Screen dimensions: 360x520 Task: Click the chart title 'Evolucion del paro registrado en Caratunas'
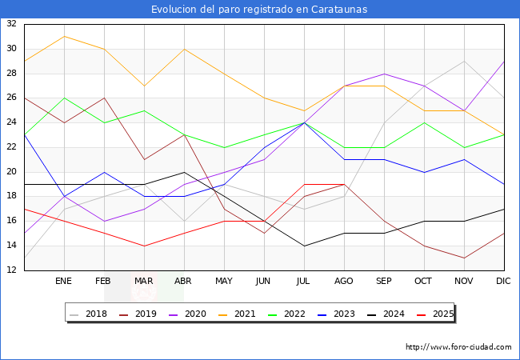pyautogui.click(x=260, y=10)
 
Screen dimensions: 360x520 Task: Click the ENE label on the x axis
pyautogui.click(x=65, y=282)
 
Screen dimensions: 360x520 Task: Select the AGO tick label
pyautogui.click(x=344, y=282)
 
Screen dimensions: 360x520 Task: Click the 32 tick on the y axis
pyautogui.click(x=11, y=24)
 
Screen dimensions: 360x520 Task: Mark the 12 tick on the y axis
pyautogui.click(x=11, y=270)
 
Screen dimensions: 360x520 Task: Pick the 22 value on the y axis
pyautogui.click(x=11, y=147)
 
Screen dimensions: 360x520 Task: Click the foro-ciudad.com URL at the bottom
pyautogui.click(x=458, y=347)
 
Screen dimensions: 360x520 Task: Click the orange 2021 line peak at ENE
pyautogui.click(x=65, y=36)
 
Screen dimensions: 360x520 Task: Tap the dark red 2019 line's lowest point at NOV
pyautogui.click(x=464, y=258)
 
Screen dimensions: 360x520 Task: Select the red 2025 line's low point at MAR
pyautogui.click(x=145, y=246)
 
